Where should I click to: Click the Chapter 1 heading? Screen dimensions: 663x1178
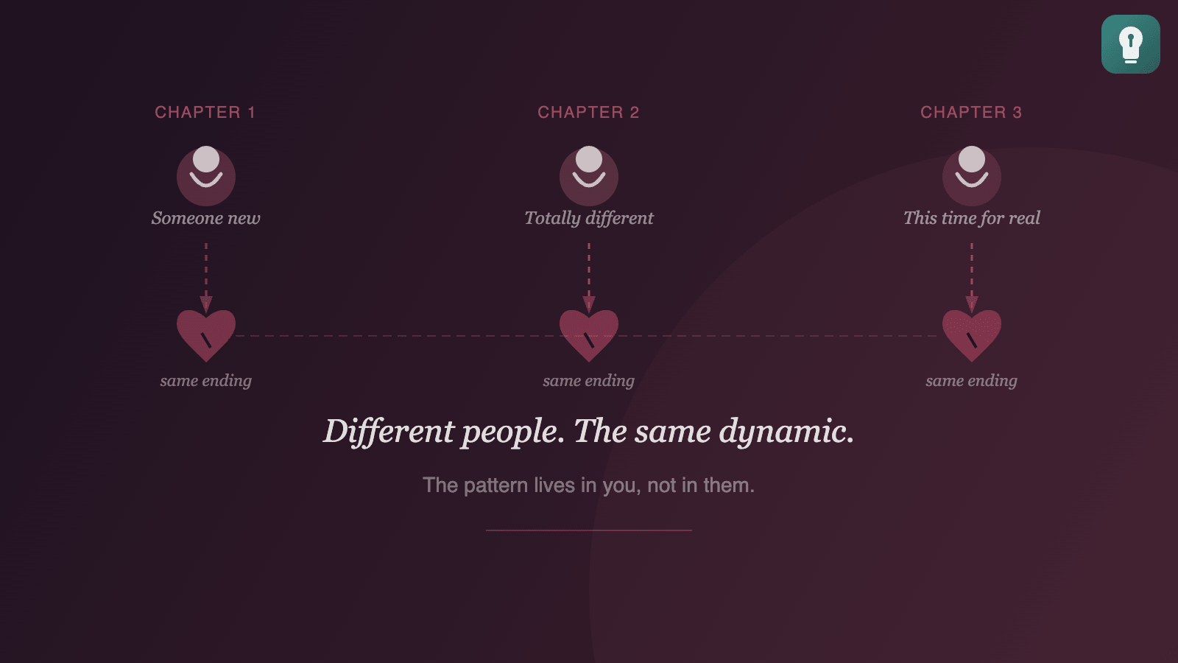(x=205, y=112)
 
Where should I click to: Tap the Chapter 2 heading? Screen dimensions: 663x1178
(x=588, y=112)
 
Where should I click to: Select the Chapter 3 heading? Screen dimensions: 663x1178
(x=971, y=112)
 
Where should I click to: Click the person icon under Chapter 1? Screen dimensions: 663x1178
(x=206, y=175)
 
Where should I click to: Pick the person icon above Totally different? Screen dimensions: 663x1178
(x=589, y=175)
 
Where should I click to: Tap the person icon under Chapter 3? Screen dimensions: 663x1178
(x=972, y=175)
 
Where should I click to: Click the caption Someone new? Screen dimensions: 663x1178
(x=206, y=218)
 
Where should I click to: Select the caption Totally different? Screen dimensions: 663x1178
(x=589, y=218)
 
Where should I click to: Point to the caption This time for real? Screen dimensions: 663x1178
(x=972, y=218)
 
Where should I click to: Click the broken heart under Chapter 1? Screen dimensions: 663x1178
(x=206, y=334)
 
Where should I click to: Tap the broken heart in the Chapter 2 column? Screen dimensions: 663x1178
(x=589, y=334)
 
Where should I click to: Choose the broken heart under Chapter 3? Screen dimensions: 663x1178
(x=972, y=334)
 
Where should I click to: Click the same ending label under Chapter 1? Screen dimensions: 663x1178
(x=206, y=381)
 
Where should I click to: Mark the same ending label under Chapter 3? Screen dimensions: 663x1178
(x=972, y=381)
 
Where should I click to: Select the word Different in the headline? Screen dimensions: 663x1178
(x=389, y=432)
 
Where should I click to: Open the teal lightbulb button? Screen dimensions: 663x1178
(x=1130, y=44)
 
